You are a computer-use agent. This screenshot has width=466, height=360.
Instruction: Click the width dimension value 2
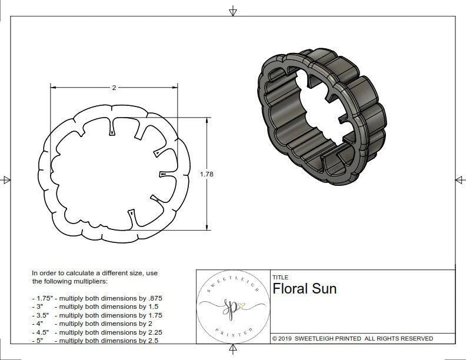(114, 87)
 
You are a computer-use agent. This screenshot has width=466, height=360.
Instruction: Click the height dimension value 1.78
(207, 174)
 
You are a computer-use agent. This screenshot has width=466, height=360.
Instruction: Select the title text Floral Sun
(304, 289)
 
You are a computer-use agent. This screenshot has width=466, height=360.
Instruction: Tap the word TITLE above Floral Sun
(280, 278)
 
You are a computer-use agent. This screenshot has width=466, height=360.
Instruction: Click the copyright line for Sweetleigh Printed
(352, 338)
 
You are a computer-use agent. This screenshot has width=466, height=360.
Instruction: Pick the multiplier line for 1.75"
(97, 298)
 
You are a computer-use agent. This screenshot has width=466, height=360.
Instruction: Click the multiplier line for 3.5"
(97, 315)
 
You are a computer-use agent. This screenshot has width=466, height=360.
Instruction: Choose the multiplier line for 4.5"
(97, 332)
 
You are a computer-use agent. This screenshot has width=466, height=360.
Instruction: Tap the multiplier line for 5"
(94, 341)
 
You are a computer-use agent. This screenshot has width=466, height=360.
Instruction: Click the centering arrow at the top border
(233, 11)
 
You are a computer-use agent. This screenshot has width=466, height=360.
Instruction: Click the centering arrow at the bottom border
(233, 350)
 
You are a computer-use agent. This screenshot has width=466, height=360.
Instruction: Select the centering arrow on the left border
(6, 180)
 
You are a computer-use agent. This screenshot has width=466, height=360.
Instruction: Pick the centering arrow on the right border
(460, 180)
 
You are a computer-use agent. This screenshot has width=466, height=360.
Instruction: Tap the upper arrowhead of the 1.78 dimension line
(207, 120)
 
